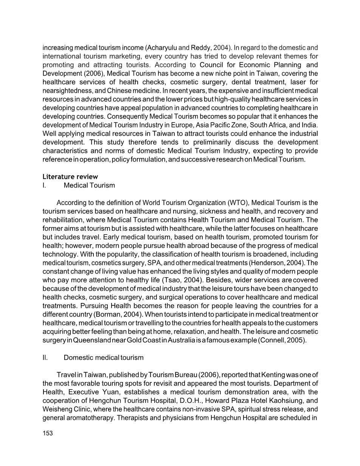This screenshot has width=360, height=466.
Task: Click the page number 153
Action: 48,433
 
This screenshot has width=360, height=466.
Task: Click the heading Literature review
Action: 70,177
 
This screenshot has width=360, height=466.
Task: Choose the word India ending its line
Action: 310,125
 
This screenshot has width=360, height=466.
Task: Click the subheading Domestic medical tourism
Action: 104,357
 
